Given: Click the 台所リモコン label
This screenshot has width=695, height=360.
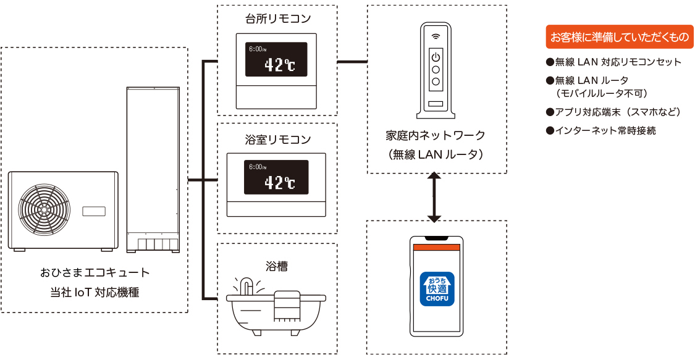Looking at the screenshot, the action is (277, 19).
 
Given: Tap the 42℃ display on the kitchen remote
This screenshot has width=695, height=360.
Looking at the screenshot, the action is (276, 59).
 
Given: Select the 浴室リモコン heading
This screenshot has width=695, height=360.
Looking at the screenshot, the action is (278, 140).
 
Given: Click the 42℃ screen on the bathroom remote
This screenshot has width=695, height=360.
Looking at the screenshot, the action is (276, 177).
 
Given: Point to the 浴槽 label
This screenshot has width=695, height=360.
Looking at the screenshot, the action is (277, 266).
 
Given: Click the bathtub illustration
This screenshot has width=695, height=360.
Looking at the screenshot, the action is (276, 306).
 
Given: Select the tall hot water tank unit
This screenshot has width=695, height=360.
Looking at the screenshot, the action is (153, 170).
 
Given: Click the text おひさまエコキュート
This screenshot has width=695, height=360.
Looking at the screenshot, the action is (95, 272).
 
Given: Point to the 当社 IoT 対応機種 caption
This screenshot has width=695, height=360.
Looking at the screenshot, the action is (95, 292).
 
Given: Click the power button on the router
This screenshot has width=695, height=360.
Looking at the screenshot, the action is (436, 57).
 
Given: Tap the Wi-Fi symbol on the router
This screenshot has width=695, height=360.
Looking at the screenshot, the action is (436, 36).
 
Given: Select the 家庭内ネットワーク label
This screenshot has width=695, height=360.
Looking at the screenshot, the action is (436, 135).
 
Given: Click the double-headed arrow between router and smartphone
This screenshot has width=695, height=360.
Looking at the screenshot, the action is (434, 197).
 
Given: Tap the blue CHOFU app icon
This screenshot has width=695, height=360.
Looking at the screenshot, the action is (437, 289).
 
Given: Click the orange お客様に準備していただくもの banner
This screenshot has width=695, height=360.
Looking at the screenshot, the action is (620, 37).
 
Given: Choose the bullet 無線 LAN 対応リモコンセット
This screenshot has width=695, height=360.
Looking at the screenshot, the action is (613, 62).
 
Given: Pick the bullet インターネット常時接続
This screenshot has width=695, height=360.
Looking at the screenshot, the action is (601, 131).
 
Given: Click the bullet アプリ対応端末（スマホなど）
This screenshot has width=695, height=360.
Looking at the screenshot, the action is (613, 112).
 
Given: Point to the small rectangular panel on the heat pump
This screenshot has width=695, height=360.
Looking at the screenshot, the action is (94, 211).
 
